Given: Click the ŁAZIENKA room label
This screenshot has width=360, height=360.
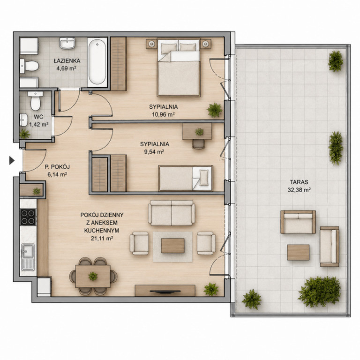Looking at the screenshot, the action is (x=67, y=61).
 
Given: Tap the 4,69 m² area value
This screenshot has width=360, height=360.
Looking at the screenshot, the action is (x=67, y=68).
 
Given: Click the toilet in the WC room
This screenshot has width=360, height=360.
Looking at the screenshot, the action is (x=35, y=101).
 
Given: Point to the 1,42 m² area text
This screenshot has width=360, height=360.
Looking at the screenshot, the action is (x=39, y=124).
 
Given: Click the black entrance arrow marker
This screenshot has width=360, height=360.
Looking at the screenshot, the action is (x=12, y=160).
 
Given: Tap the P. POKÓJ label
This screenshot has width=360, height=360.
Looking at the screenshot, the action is (x=57, y=167).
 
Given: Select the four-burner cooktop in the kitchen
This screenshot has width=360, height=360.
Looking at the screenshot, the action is (x=28, y=217).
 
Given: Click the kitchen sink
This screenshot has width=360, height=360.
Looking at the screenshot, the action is (x=28, y=257).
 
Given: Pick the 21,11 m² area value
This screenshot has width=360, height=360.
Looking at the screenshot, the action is (x=102, y=238).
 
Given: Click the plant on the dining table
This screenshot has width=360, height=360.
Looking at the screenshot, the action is (x=93, y=276).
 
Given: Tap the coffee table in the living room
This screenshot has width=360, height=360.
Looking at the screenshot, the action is (x=172, y=246).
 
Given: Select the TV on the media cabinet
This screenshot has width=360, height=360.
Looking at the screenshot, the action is (x=165, y=292).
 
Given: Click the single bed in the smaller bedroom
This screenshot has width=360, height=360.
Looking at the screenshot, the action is (x=186, y=179).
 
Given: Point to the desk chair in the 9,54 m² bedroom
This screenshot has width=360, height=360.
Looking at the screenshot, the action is (x=198, y=144).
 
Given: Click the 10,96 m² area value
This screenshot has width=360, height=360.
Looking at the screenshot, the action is (x=164, y=114).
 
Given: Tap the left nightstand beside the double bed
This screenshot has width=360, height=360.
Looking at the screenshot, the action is (x=151, y=44).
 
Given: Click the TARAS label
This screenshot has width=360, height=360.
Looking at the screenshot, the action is (x=299, y=182).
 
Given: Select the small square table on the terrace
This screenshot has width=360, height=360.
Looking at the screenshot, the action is (x=298, y=252).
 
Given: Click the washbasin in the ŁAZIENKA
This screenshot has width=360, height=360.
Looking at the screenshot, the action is (x=67, y=43).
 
